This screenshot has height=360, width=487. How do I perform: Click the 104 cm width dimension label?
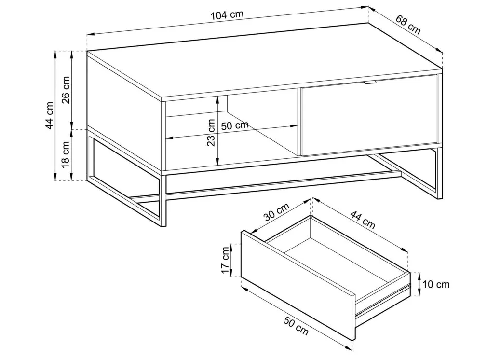click(x=227, y=14)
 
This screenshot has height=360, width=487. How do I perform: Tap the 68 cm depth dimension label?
click(x=408, y=25)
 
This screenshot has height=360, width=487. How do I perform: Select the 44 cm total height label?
click(x=50, y=115)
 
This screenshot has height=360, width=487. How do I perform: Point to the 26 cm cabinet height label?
click(x=66, y=90)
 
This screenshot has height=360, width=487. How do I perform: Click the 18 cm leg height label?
click(x=66, y=154)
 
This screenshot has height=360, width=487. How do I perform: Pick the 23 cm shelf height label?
click(x=211, y=132)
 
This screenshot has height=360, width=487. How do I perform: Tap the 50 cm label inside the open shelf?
click(x=235, y=125)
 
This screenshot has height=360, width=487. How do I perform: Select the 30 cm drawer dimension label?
click(x=277, y=211)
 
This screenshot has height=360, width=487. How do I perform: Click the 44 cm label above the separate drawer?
click(x=363, y=220)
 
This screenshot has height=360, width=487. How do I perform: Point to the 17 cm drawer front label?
click(x=225, y=260)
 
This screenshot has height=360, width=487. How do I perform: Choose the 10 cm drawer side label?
click(x=436, y=284)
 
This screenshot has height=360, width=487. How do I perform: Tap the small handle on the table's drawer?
click(x=370, y=83)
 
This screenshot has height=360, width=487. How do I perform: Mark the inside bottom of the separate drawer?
click(x=337, y=261)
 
